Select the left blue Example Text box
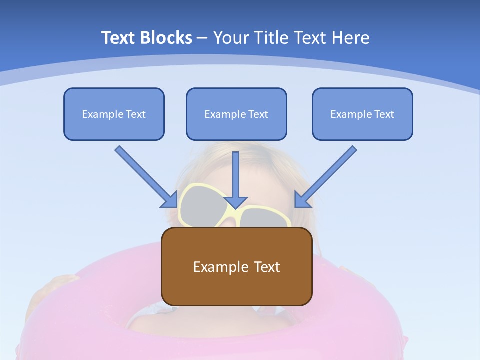click(x=114, y=114)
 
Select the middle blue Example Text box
click(x=236, y=114)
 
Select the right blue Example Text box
click(x=362, y=114)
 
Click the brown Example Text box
click(x=236, y=266)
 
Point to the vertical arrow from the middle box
click(x=236, y=175)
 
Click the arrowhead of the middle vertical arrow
click(x=236, y=202)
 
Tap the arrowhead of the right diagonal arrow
click(x=301, y=200)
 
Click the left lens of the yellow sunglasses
click(x=200, y=206)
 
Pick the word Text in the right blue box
click(x=384, y=114)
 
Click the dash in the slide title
click(x=202, y=38)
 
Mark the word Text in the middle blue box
click(x=258, y=114)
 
